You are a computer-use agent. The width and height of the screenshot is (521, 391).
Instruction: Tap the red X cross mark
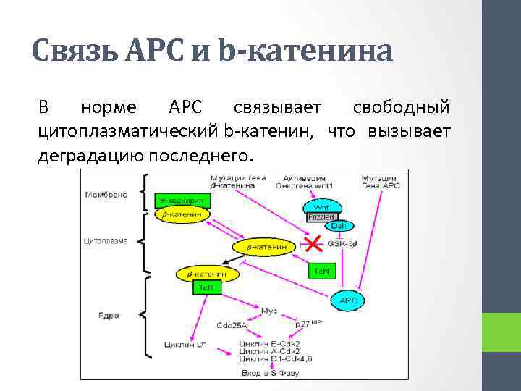pos(313,244)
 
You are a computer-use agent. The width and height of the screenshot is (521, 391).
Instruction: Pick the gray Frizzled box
pos(321,216)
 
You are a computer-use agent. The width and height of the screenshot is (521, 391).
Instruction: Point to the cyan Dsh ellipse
pos(343,226)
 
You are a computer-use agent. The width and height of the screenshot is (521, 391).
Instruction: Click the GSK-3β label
pos(342,244)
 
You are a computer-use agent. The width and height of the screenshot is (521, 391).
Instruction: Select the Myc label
pos(269,311)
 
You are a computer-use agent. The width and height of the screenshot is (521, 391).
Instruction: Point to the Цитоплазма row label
pos(106,241)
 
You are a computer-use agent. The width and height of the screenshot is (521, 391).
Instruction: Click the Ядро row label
pos(109,315)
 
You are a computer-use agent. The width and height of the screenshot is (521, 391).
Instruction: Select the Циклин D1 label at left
pos(186,344)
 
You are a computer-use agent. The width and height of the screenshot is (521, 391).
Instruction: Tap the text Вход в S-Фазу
pos(269,373)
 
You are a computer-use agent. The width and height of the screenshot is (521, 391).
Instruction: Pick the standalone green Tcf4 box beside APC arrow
pos(321,271)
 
